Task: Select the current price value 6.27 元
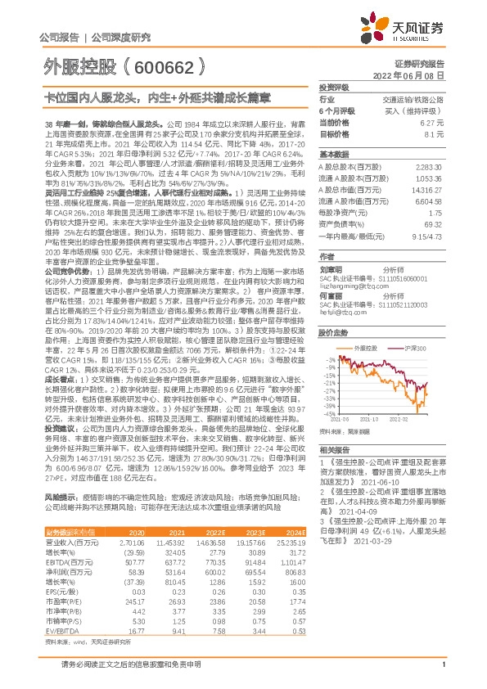tap(434, 122)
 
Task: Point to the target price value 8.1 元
tap(435, 133)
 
